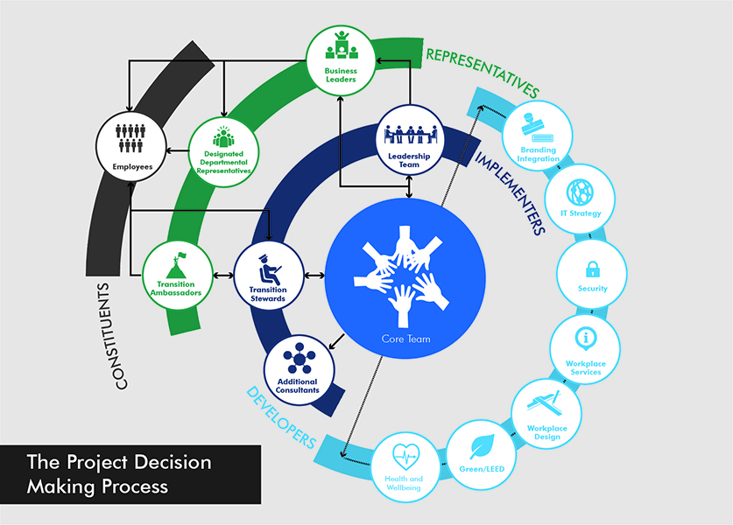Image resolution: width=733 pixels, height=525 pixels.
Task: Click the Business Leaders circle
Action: tap(342, 58)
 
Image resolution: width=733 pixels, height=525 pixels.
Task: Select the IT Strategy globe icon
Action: tap(581, 192)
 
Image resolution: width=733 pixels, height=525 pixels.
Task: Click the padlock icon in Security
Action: tap(592, 268)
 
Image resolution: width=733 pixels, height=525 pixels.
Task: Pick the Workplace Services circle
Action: tap(585, 349)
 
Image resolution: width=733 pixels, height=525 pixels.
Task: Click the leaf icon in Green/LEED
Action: tap(483, 447)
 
